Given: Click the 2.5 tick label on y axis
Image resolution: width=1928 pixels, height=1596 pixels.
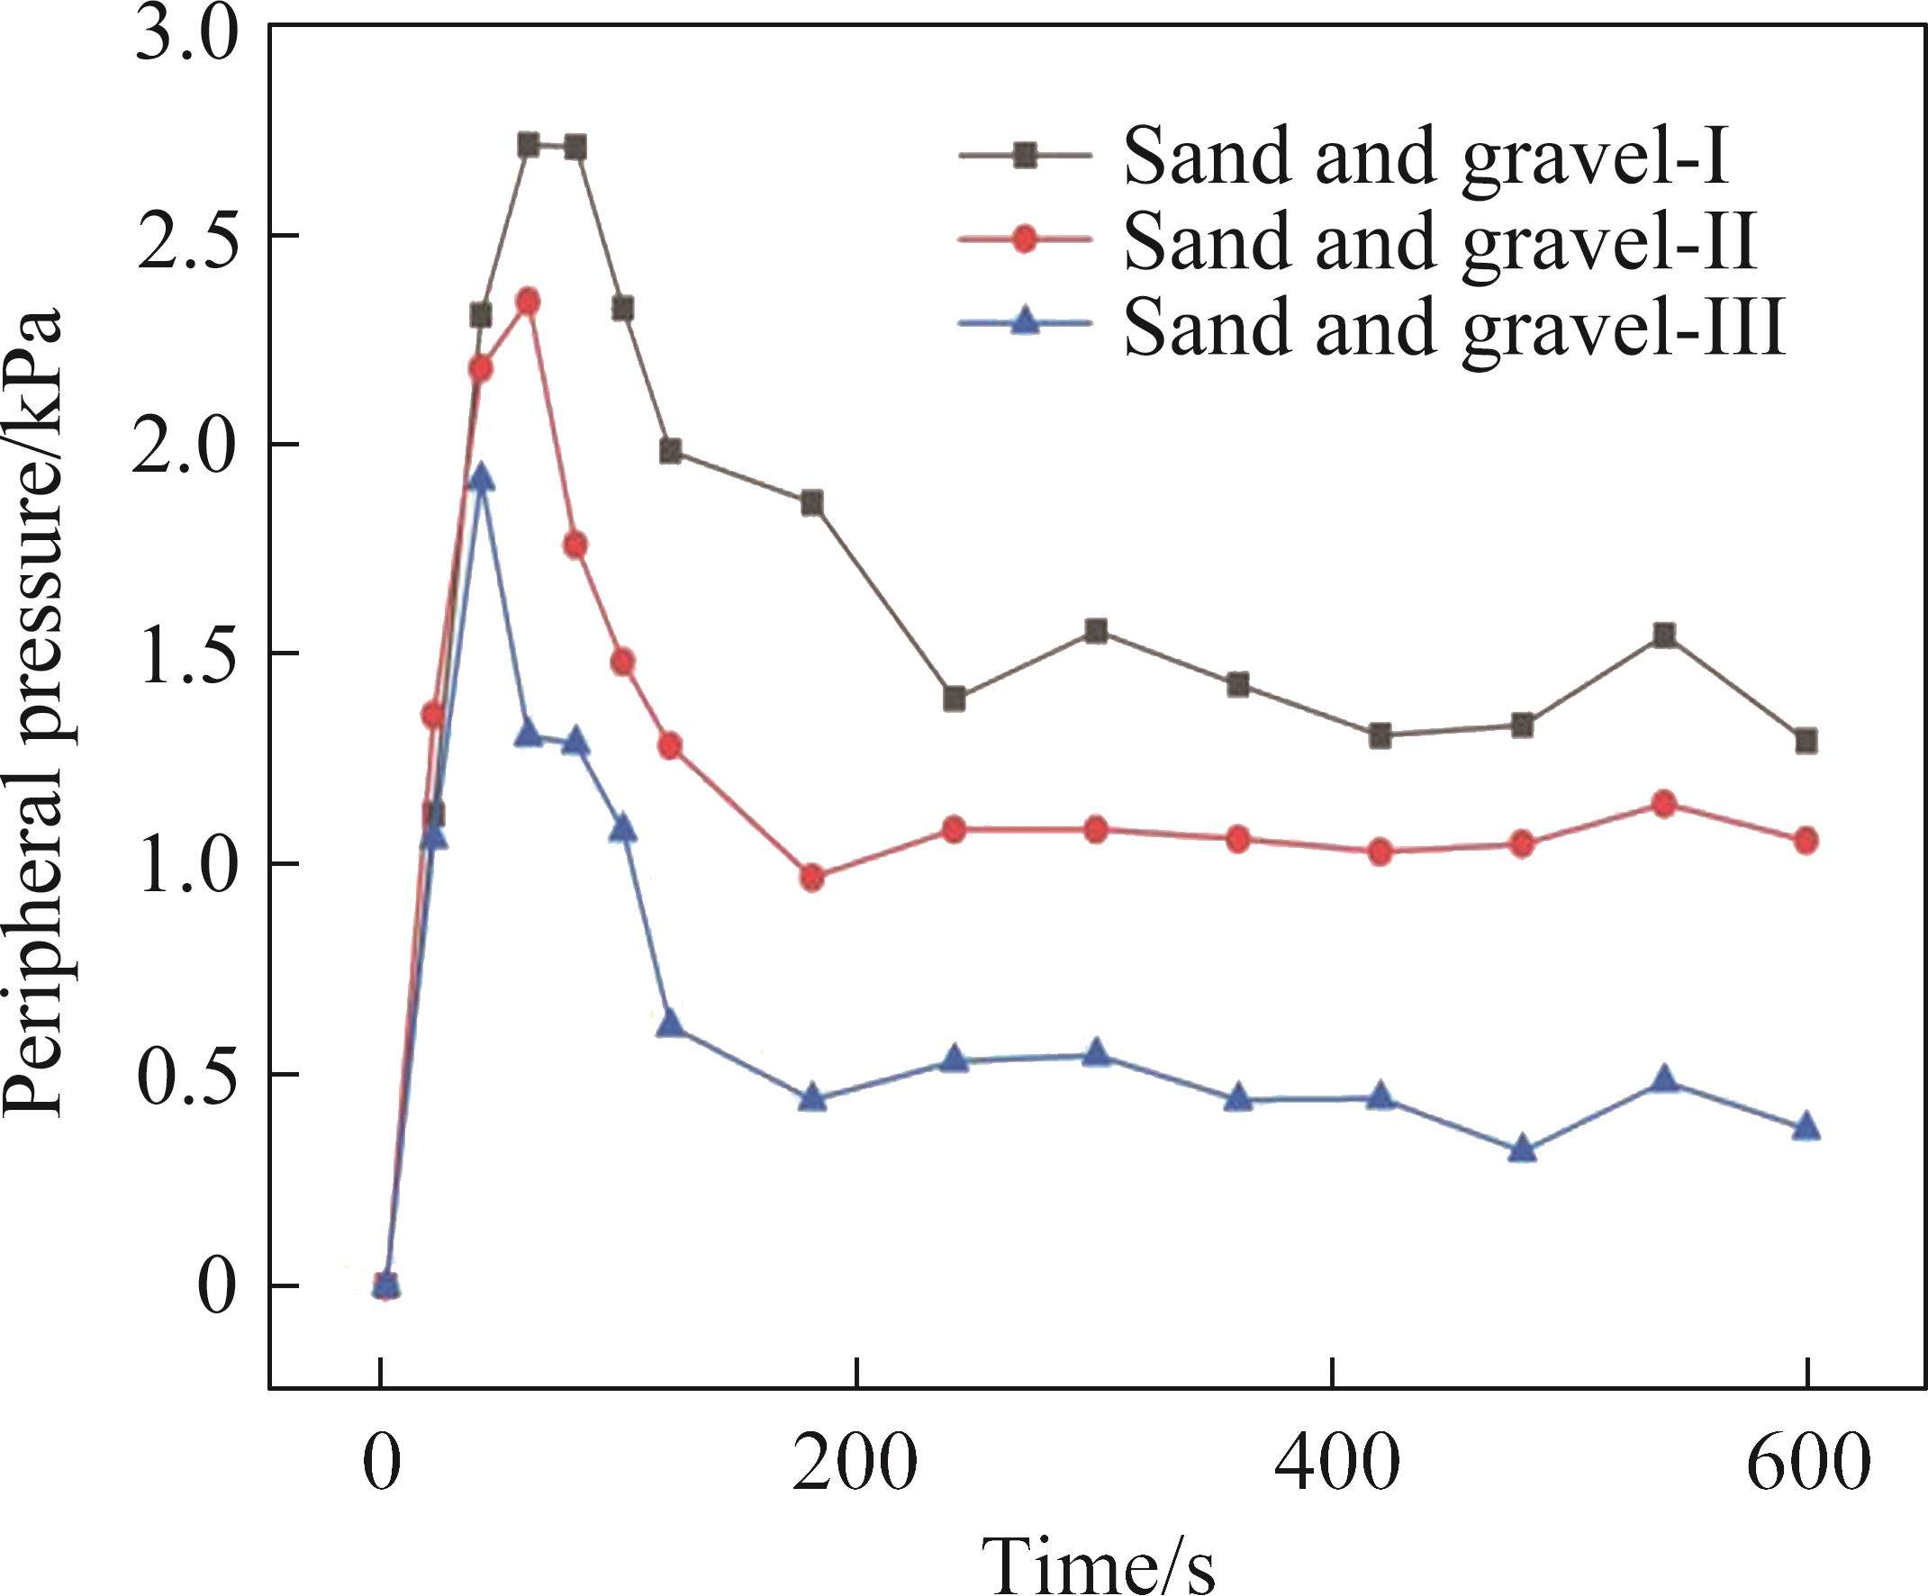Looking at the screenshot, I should click(186, 241).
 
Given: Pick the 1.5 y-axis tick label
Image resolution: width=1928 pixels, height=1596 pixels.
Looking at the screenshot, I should click(186, 659).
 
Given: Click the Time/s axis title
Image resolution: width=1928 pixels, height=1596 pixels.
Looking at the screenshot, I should click(1098, 1561).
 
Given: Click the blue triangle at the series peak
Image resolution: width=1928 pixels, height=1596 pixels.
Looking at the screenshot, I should click(480, 478).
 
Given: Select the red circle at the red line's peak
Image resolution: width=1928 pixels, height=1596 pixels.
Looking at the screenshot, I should click(528, 301).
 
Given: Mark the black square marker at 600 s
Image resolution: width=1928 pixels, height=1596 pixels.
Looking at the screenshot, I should click(1806, 741).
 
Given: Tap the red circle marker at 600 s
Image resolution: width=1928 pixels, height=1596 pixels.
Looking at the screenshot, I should click(1806, 841).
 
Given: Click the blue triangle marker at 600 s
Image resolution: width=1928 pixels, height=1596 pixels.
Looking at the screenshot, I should click(1806, 1126).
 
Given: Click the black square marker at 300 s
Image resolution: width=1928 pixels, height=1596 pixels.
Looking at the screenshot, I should click(1095, 630).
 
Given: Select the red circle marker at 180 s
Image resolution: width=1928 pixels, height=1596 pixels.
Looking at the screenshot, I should click(811, 879).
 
